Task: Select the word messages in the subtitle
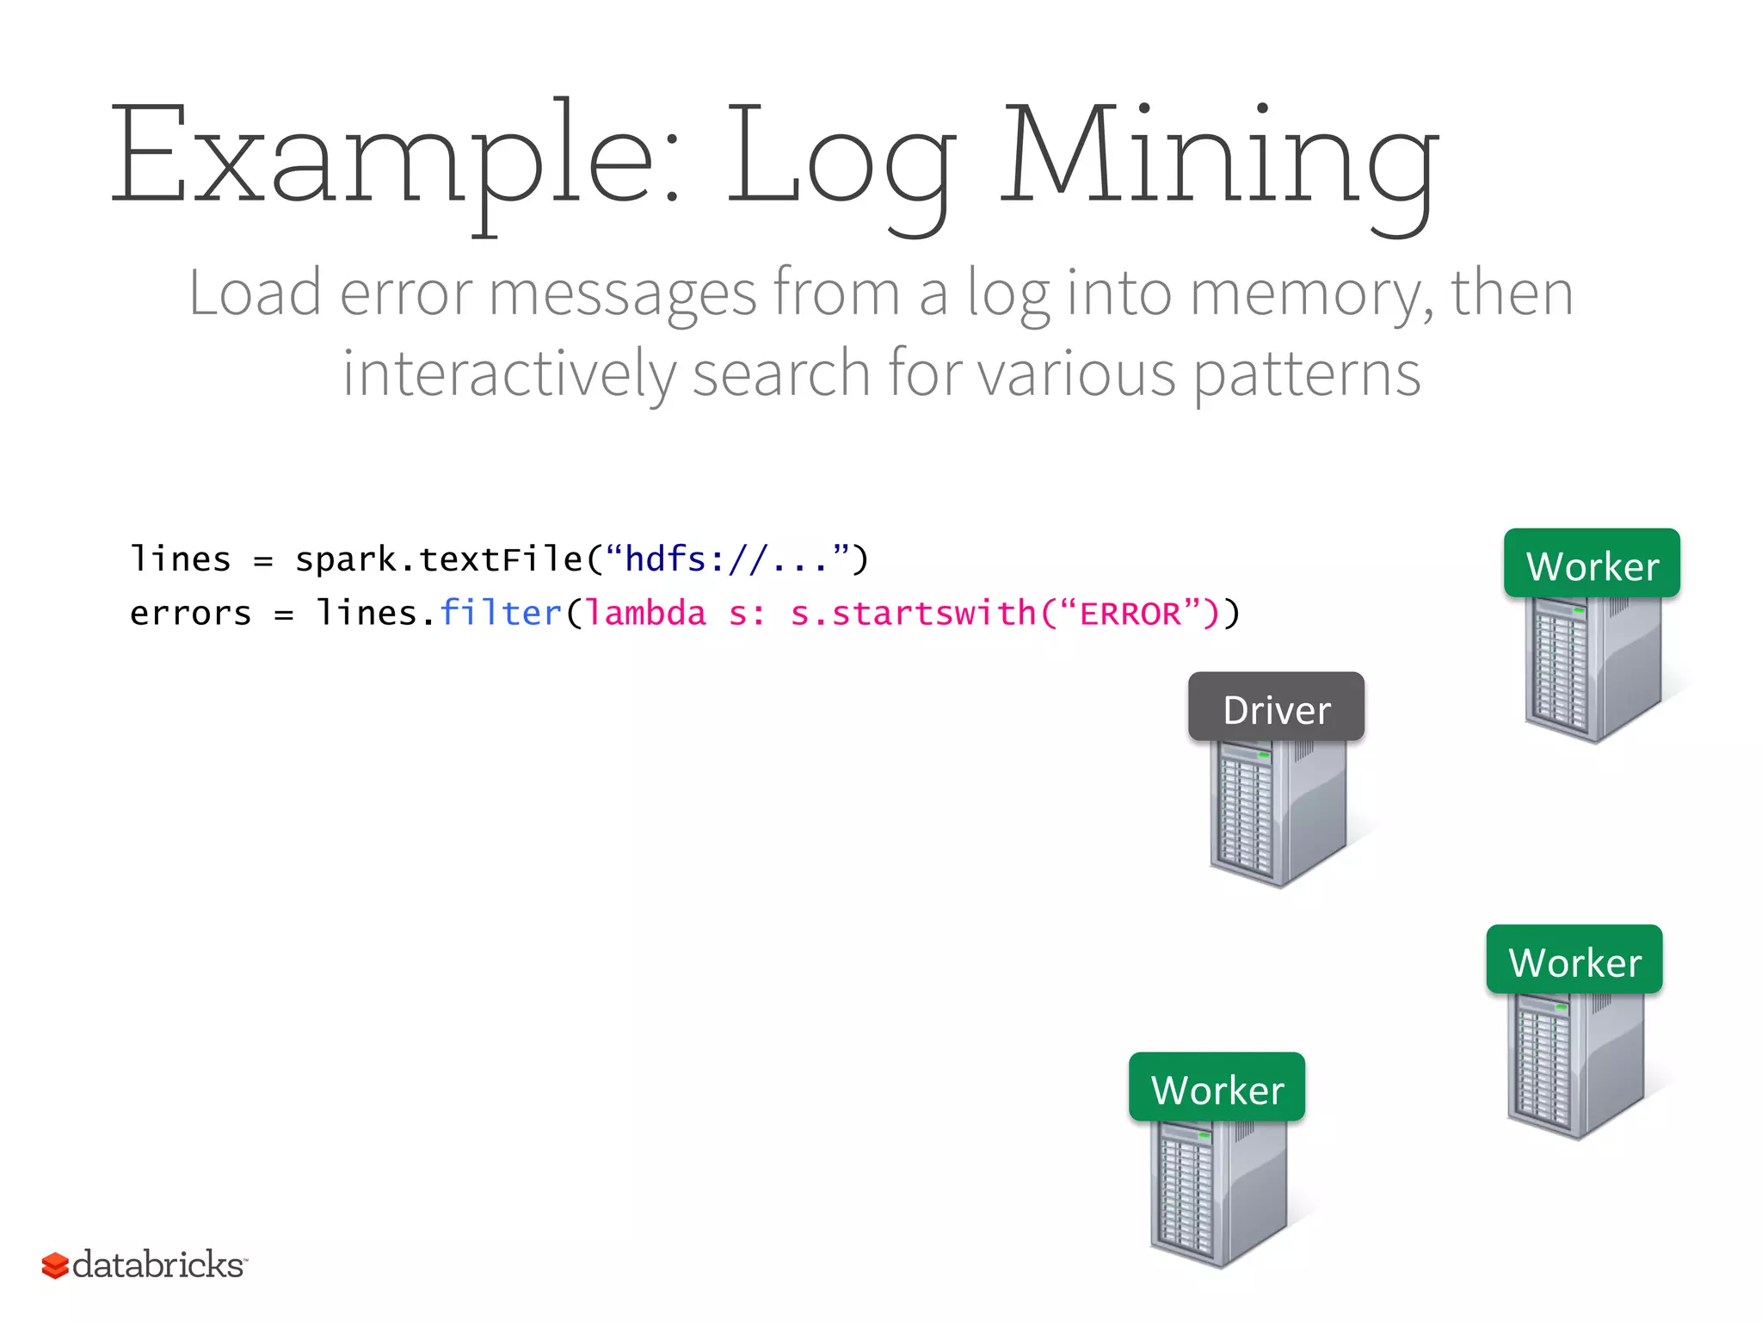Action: pos(623,294)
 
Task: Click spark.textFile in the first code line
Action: pos(439,559)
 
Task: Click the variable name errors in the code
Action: pos(190,614)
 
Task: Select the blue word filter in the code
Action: pos(500,613)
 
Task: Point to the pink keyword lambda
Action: pos(645,614)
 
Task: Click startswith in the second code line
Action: pos(933,614)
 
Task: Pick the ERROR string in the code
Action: pos(1130,614)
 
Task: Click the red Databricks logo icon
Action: pos(55,1265)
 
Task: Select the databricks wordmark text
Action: pos(158,1265)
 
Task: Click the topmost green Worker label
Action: pos(1592,564)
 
